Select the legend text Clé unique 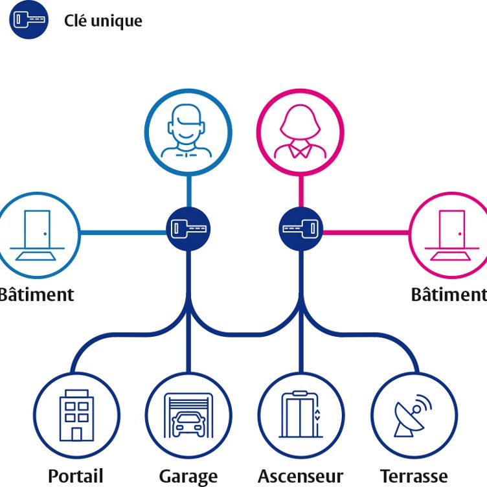pyautogui.click(x=103, y=21)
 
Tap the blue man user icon pyautogui.click(x=187, y=131)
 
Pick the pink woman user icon pyautogui.click(x=300, y=131)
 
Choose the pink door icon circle pyautogui.click(x=450, y=234)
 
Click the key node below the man pyautogui.click(x=188, y=228)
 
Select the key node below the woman pyautogui.click(x=300, y=228)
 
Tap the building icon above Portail pyautogui.click(x=76, y=414)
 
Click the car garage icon pyautogui.click(x=188, y=414)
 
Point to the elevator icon pyautogui.click(x=300, y=414)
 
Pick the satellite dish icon pyautogui.click(x=413, y=414)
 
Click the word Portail pyautogui.click(x=76, y=476)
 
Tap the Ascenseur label pyautogui.click(x=300, y=477)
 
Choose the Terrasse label pyautogui.click(x=413, y=477)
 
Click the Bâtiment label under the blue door pyautogui.click(x=37, y=295)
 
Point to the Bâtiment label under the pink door pyautogui.click(x=448, y=295)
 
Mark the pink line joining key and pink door pyautogui.click(x=365, y=232)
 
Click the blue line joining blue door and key pyautogui.click(x=123, y=232)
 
